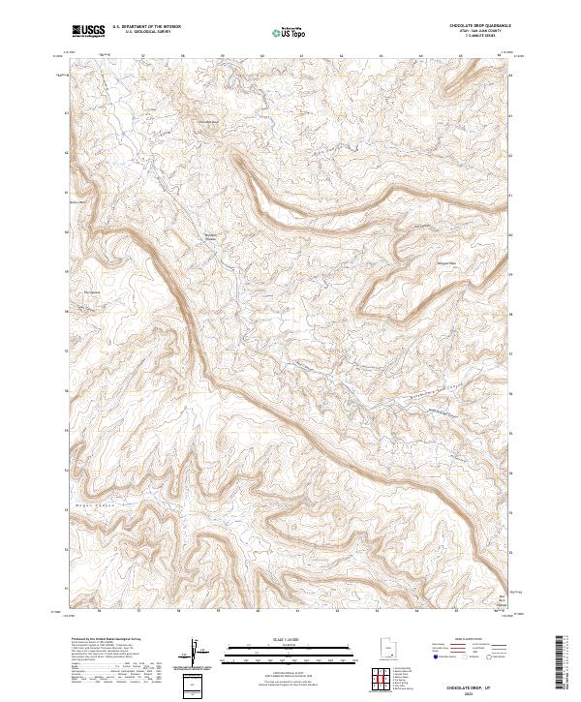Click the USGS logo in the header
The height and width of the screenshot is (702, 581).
(x=87, y=31)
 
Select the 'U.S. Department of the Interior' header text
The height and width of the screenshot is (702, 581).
(x=146, y=27)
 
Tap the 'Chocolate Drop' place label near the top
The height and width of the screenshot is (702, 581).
(x=208, y=121)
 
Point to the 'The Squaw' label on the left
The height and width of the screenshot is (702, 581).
(x=92, y=293)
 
